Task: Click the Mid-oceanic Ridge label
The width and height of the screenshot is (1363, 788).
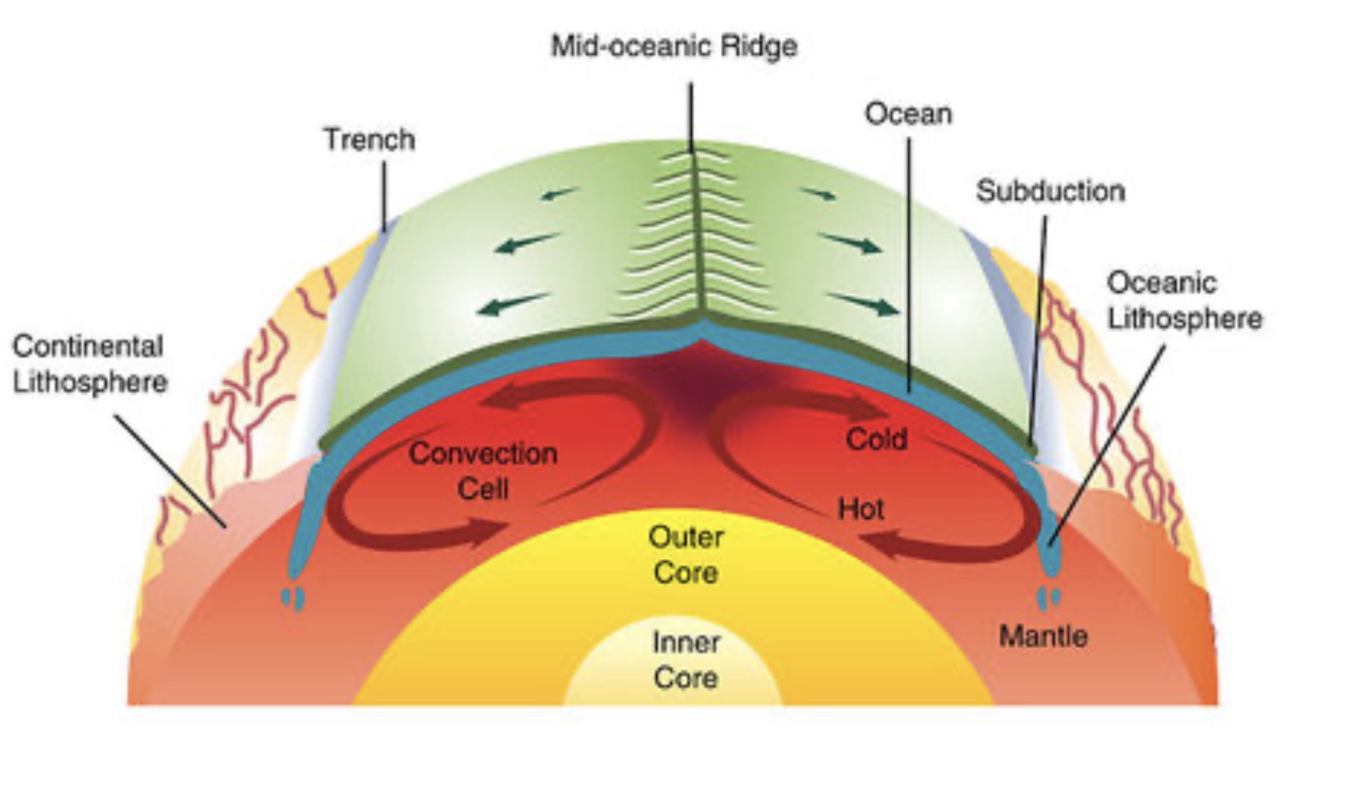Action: click(x=674, y=47)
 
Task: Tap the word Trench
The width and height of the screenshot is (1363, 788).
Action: click(x=369, y=140)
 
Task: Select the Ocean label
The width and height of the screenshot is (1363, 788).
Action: click(x=908, y=114)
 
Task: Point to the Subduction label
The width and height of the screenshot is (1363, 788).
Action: click(x=1050, y=192)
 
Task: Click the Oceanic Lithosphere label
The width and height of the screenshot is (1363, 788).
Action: click(x=1184, y=301)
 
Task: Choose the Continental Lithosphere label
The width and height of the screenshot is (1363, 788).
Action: click(x=89, y=364)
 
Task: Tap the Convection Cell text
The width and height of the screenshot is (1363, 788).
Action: click(x=483, y=471)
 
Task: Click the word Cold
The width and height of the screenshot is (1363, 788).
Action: click(x=876, y=439)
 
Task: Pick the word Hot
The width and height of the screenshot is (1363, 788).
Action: click(x=861, y=509)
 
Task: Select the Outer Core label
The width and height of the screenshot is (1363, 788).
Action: click(x=685, y=555)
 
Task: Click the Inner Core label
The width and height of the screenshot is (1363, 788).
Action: click(x=685, y=660)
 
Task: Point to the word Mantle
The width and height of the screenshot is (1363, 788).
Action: click(x=1043, y=637)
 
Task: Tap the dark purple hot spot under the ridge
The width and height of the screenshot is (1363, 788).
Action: click(x=699, y=386)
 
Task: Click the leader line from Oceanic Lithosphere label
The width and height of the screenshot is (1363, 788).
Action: click(x=1108, y=443)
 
